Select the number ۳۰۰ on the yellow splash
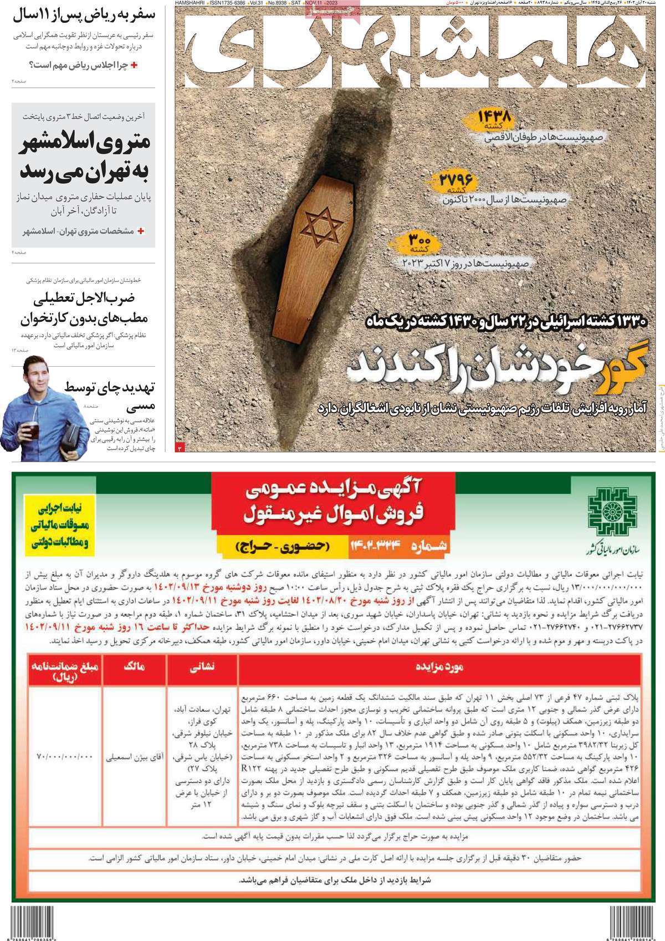pos(420,240)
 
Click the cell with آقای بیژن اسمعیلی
pos(134,756)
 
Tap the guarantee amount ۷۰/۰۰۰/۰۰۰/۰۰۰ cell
pos(65,756)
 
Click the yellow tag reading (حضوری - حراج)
pos(281,546)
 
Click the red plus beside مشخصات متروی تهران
pos(141,230)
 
